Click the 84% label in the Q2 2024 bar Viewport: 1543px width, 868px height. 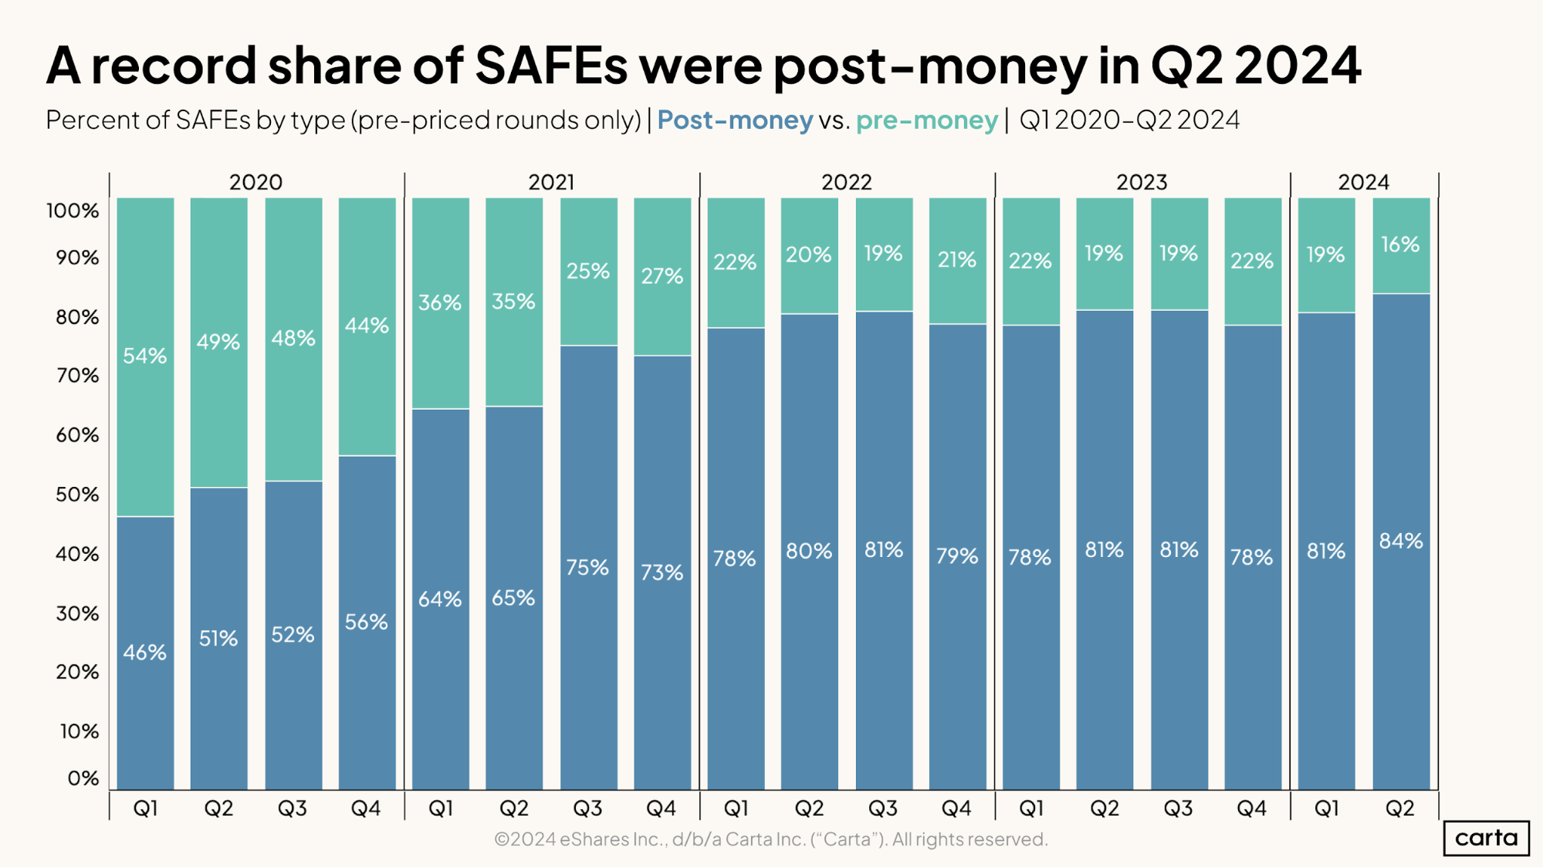pyautogui.click(x=1400, y=541)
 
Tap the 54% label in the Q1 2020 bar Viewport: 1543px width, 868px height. pyautogui.click(x=145, y=356)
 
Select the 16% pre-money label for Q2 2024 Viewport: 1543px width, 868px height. pyautogui.click(x=1400, y=245)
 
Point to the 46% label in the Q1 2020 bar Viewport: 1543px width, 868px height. pyautogui.click(x=145, y=652)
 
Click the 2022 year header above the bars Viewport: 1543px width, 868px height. pyautogui.click(x=846, y=182)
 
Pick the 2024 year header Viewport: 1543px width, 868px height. pyautogui.click(x=1363, y=182)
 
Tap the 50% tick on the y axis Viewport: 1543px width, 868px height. pyautogui.click(x=77, y=495)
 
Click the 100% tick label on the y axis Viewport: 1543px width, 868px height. pyautogui.click(x=73, y=211)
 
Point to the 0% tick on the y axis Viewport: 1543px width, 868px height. pyautogui.click(x=83, y=778)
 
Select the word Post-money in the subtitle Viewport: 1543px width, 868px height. pyautogui.click(x=735, y=120)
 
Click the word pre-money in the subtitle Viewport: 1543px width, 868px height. pyautogui.click(x=926, y=120)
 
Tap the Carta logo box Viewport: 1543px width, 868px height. pyautogui.click(x=1486, y=838)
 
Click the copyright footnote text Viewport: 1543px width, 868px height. pyautogui.click(x=770, y=839)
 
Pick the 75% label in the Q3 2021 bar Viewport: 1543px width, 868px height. pyautogui.click(x=587, y=568)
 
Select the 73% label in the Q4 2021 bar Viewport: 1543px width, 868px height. pyautogui.click(x=662, y=572)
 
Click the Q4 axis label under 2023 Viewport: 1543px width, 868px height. pyautogui.click(x=1251, y=808)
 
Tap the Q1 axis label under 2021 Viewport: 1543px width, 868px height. pyautogui.click(x=440, y=808)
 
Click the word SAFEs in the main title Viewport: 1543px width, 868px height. pyautogui.click(x=551, y=66)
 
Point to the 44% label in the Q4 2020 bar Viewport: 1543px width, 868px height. pyautogui.click(x=367, y=326)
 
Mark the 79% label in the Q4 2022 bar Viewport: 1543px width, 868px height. pyautogui.click(x=957, y=556)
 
